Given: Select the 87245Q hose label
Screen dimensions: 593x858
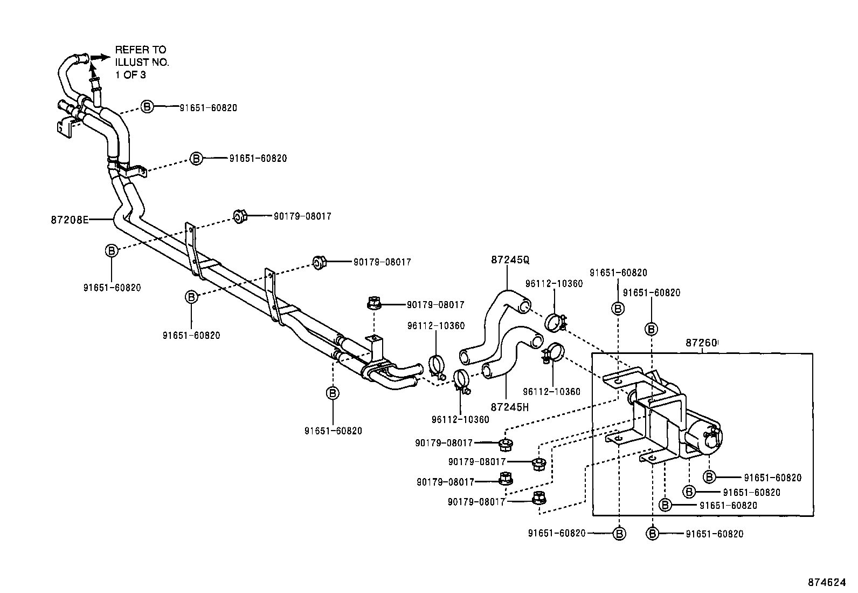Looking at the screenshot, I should click(x=510, y=260).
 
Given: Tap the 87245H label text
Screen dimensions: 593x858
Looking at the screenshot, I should click(x=510, y=407).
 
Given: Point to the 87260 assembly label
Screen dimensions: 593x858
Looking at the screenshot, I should click(x=702, y=343).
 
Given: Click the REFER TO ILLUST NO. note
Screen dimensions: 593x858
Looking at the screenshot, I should click(x=142, y=62).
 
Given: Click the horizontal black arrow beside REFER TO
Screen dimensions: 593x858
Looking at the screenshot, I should click(x=100, y=57).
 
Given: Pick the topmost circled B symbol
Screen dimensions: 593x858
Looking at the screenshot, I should click(x=147, y=107).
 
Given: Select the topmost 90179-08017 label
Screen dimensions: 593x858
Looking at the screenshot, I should click(x=302, y=216).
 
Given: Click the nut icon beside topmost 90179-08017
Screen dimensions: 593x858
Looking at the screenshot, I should click(x=240, y=217).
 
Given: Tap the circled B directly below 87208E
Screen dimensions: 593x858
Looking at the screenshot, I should click(x=111, y=250).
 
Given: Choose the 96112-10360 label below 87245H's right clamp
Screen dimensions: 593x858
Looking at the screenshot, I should click(x=552, y=392).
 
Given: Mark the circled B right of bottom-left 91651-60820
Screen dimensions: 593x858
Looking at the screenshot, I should click(x=620, y=534).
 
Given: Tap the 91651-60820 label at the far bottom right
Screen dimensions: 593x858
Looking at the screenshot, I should click(x=715, y=534).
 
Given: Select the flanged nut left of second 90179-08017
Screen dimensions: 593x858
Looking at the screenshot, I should click(x=319, y=263).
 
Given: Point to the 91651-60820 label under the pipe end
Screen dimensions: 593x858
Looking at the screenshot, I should click(x=333, y=431).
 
